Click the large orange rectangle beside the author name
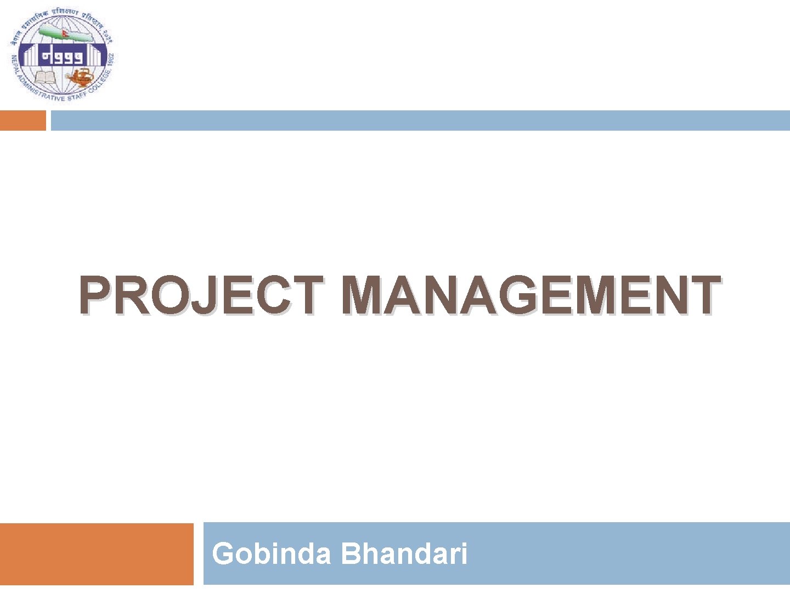click(97, 554)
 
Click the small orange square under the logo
click(22, 121)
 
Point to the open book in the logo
click(46, 76)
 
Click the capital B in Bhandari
click(350, 553)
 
